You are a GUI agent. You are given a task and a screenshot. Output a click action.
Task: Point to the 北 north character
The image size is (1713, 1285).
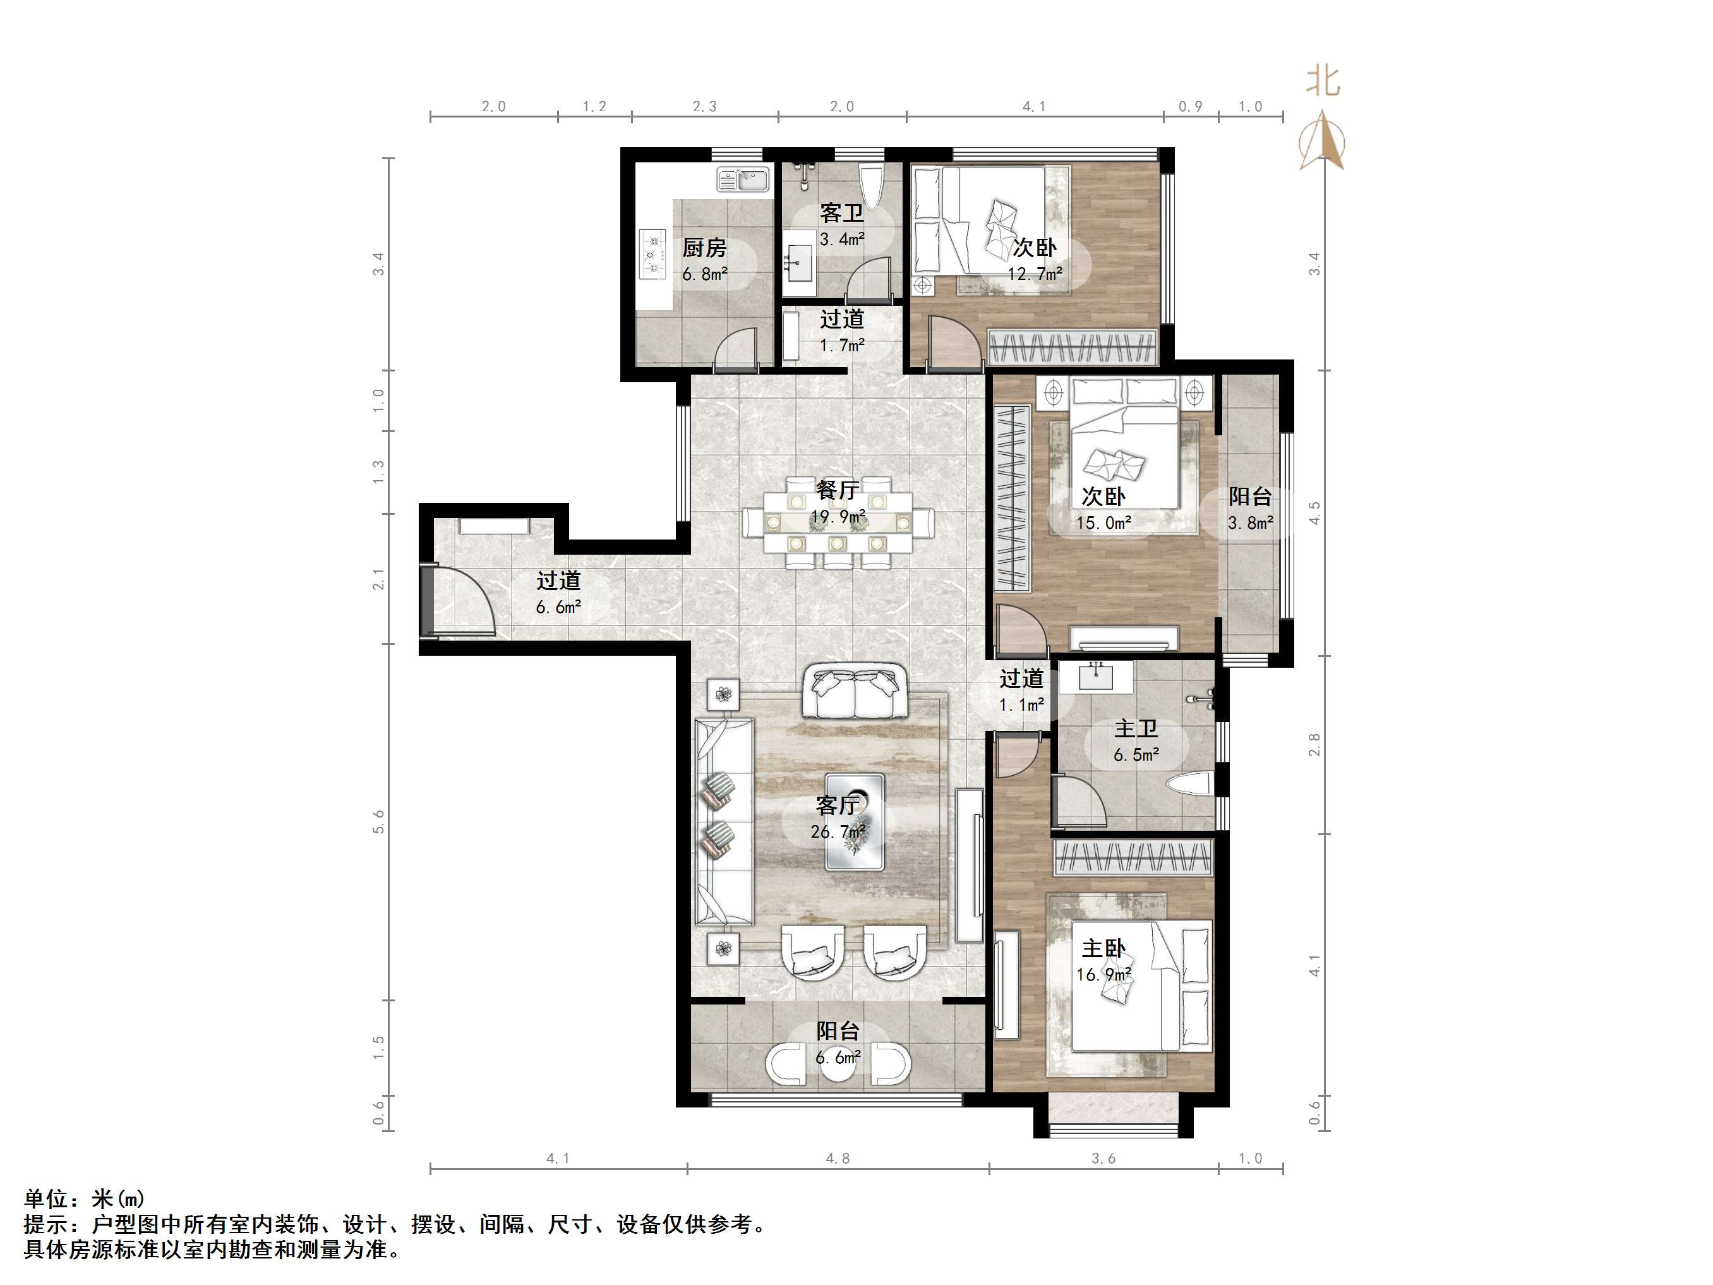click(1323, 81)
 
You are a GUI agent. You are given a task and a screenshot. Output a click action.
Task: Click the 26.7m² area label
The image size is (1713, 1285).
click(837, 833)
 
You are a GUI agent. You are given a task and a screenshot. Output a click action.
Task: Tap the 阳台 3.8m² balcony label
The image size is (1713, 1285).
click(1250, 509)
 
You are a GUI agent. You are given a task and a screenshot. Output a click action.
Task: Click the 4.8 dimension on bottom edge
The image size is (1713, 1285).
click(837, 1159)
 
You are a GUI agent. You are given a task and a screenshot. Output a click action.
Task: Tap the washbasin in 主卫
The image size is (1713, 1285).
click(1095, 676)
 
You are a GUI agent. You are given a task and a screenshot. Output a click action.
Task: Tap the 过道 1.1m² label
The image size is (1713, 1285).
click(1021, 691)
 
